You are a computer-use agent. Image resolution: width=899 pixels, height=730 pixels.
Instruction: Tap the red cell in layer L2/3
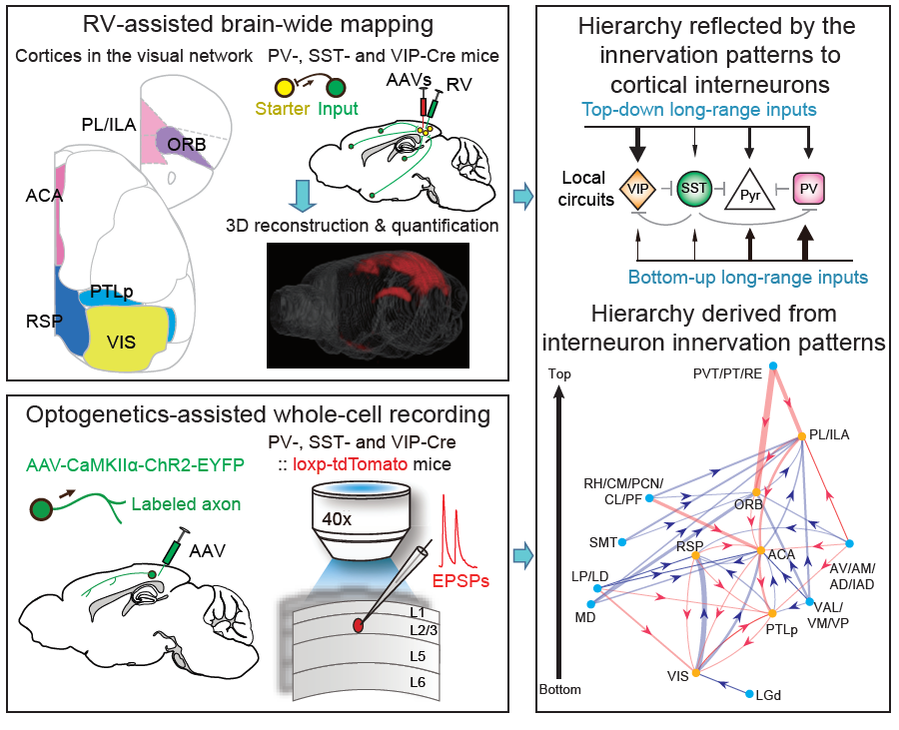pos(358,625)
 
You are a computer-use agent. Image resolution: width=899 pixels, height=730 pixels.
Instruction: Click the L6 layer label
pos(418,681)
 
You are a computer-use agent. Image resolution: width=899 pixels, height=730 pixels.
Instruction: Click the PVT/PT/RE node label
pos(727,374)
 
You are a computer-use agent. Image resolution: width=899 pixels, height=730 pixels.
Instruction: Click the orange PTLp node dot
pos(772,612)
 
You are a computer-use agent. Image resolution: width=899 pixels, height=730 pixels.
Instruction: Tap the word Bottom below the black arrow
pos(559,689)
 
